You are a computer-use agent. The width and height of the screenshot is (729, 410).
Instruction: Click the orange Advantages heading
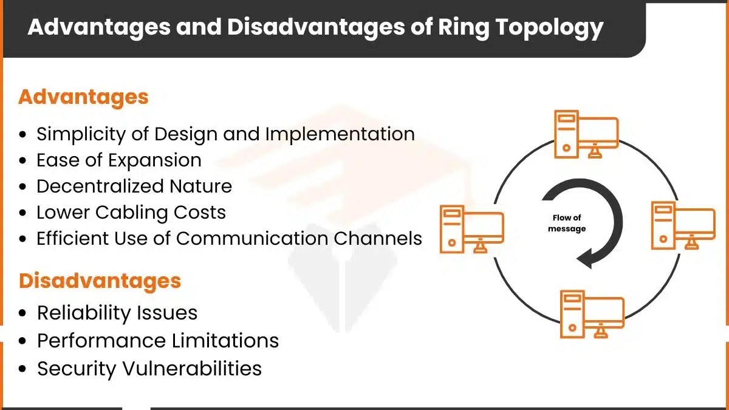83,97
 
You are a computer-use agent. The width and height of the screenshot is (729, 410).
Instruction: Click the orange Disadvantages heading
100,281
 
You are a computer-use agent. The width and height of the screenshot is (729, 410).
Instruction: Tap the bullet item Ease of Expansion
118,160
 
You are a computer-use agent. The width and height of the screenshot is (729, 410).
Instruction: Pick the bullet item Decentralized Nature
134,186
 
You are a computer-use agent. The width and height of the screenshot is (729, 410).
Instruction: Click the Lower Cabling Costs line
131,212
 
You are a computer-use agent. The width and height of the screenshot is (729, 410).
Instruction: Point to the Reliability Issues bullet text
117,312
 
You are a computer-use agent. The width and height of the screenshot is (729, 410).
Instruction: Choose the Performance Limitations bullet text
158,340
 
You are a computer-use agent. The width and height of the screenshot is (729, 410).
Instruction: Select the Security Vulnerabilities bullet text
149,368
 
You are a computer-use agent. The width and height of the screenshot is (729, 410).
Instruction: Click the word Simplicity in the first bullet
76,134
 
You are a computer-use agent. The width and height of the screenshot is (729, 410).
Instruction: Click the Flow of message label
567,223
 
